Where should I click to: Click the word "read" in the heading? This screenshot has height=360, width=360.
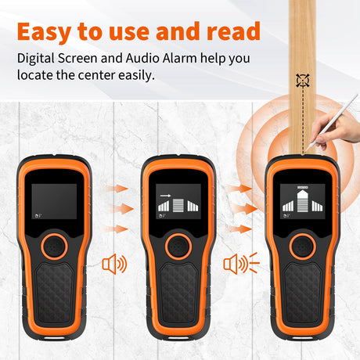click(x=233, y=31)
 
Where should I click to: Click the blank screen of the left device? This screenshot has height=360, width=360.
click(x=54, y=201)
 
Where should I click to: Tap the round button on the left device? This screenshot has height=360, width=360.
click(x=54, y=247)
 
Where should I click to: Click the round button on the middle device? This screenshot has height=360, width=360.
click(x=178, y=247)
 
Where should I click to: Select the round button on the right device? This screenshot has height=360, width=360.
click(x=303, y=247)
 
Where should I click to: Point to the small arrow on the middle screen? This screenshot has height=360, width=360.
click(x=165, y=196)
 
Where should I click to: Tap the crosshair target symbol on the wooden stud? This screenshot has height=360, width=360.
click(x=303, y=81)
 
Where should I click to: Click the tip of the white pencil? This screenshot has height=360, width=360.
click(x=306, y=151)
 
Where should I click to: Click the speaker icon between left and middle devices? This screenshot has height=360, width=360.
click(x=114, y=265)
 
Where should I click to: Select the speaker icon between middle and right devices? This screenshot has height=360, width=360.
click(x=241, y=264)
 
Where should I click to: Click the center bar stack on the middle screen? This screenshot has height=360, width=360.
click(x=178, y=205)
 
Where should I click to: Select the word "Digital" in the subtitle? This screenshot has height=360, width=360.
click(x=36, y=59)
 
